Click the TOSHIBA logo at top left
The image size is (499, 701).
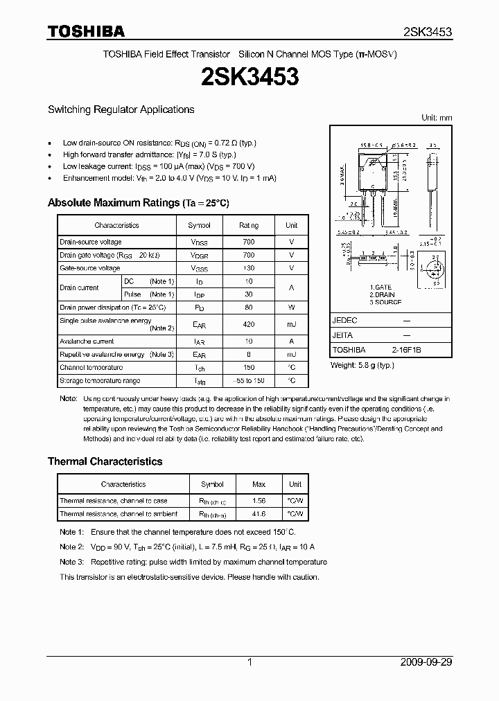tap(86, 31)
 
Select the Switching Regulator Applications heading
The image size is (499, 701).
tap(121, 109)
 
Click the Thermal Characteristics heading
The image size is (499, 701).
tap(105, 461)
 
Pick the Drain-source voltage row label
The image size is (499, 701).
tap(91, 242)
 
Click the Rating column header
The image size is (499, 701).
tap(249, 225)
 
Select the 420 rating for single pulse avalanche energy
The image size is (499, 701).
tap(249, 324)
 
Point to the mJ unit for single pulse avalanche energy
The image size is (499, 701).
tap(292, 324)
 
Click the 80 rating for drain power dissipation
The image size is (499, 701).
tap(249, 307)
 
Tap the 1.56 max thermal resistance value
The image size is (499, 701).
tap(259, 501)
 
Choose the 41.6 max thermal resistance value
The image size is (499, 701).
tap(259, 514)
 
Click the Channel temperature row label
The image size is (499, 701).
tap(91, 368)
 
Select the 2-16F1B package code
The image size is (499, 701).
tap(406, 350)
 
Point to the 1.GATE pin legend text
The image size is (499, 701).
tap(380, 287)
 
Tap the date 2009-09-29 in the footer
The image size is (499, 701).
tap(426, 662)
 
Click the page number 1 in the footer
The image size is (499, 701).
tap(249, 662)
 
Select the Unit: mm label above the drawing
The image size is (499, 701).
tap(437, 118)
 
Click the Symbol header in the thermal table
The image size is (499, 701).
tap(212, 484)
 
